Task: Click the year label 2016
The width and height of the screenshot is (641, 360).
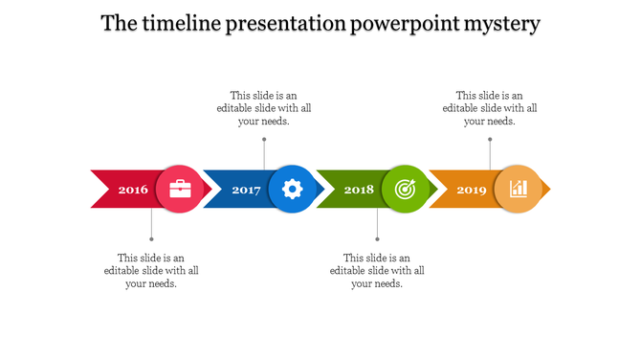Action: coord(133,190)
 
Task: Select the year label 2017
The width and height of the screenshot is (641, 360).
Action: coord(246,190)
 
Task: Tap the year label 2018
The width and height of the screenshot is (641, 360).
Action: coord(359,190)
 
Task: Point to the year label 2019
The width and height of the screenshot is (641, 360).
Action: coord(472,190)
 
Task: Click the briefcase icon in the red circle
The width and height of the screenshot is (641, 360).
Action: coord(180,189)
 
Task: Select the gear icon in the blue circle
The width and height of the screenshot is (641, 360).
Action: coord(293,189)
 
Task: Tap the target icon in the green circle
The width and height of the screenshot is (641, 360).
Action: coord(406,189)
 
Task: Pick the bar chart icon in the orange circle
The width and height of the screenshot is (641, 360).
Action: coord(518,189)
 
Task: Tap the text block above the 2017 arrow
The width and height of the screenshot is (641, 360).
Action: coord(264,108)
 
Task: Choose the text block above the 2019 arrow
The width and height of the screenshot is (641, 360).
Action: coord(490,108)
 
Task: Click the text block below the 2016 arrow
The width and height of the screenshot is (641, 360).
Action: coord(151,271)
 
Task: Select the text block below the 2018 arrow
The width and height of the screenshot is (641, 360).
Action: coord(377,271)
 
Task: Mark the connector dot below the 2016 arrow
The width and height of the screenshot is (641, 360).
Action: coord(151,239)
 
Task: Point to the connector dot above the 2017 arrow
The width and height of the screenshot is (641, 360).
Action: coord(264,139)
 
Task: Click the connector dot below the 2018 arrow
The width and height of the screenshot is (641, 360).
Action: coord(377,239)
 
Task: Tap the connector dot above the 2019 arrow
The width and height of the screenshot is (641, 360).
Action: coord(490,139)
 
